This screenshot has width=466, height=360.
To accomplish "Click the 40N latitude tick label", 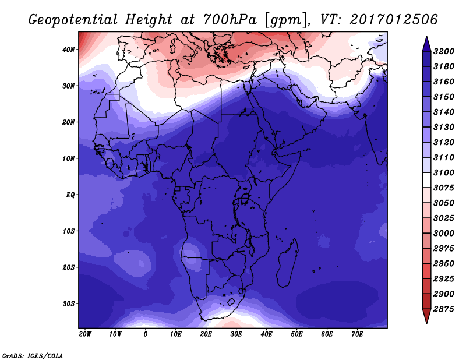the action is click(68, 50).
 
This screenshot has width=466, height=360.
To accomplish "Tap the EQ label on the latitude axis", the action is click(70, 195).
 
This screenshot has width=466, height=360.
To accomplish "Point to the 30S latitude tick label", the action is click(68, 304).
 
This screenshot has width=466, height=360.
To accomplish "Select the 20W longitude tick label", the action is click(85, 334).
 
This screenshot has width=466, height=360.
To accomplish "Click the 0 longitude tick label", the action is click(145, 334).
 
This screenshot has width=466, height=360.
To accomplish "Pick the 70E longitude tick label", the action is click(357, 334).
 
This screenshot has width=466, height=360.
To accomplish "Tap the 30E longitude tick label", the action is click(236, 334).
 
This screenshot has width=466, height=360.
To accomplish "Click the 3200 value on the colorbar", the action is click(444, 51).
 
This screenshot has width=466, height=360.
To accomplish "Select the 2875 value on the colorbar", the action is click(444, 309).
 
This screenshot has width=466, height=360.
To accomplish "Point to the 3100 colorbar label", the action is click(444, 172).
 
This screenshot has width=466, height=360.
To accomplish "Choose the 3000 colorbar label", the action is click(444, 234).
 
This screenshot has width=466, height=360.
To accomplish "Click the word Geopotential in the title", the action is click(73, 20).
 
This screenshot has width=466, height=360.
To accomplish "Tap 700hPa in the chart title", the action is click(230, 20).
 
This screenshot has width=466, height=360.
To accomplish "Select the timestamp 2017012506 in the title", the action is click(394, 20).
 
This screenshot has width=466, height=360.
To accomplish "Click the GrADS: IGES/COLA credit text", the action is click(33, 356).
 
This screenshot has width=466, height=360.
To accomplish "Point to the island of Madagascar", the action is click(287, 263).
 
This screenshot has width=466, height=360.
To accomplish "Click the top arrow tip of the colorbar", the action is click(426, 37).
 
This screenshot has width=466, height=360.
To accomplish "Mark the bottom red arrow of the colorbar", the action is click(426, 316).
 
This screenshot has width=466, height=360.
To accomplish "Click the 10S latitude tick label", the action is click(68, 231).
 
